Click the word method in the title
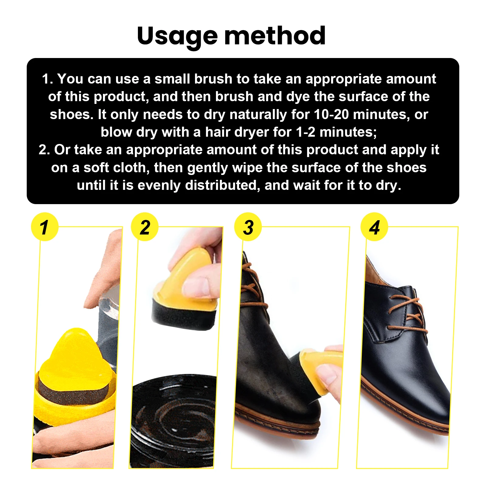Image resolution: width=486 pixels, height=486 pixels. [x=275, y=36]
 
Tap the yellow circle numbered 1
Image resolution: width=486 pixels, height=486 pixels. [x=45, y=227]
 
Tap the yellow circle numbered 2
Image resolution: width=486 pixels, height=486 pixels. [x=145, y=227]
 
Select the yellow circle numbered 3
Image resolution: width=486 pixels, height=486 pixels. [x=248, y=227]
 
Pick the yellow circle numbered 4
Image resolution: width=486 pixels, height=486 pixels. [x=374, y=227]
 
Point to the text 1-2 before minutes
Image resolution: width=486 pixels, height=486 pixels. [x=306, y=132]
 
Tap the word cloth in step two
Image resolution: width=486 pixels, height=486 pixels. [x=133, y=168]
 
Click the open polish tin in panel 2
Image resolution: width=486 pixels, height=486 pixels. [x=173, y=422]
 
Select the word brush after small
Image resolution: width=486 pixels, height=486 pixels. [x=213, y=79]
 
